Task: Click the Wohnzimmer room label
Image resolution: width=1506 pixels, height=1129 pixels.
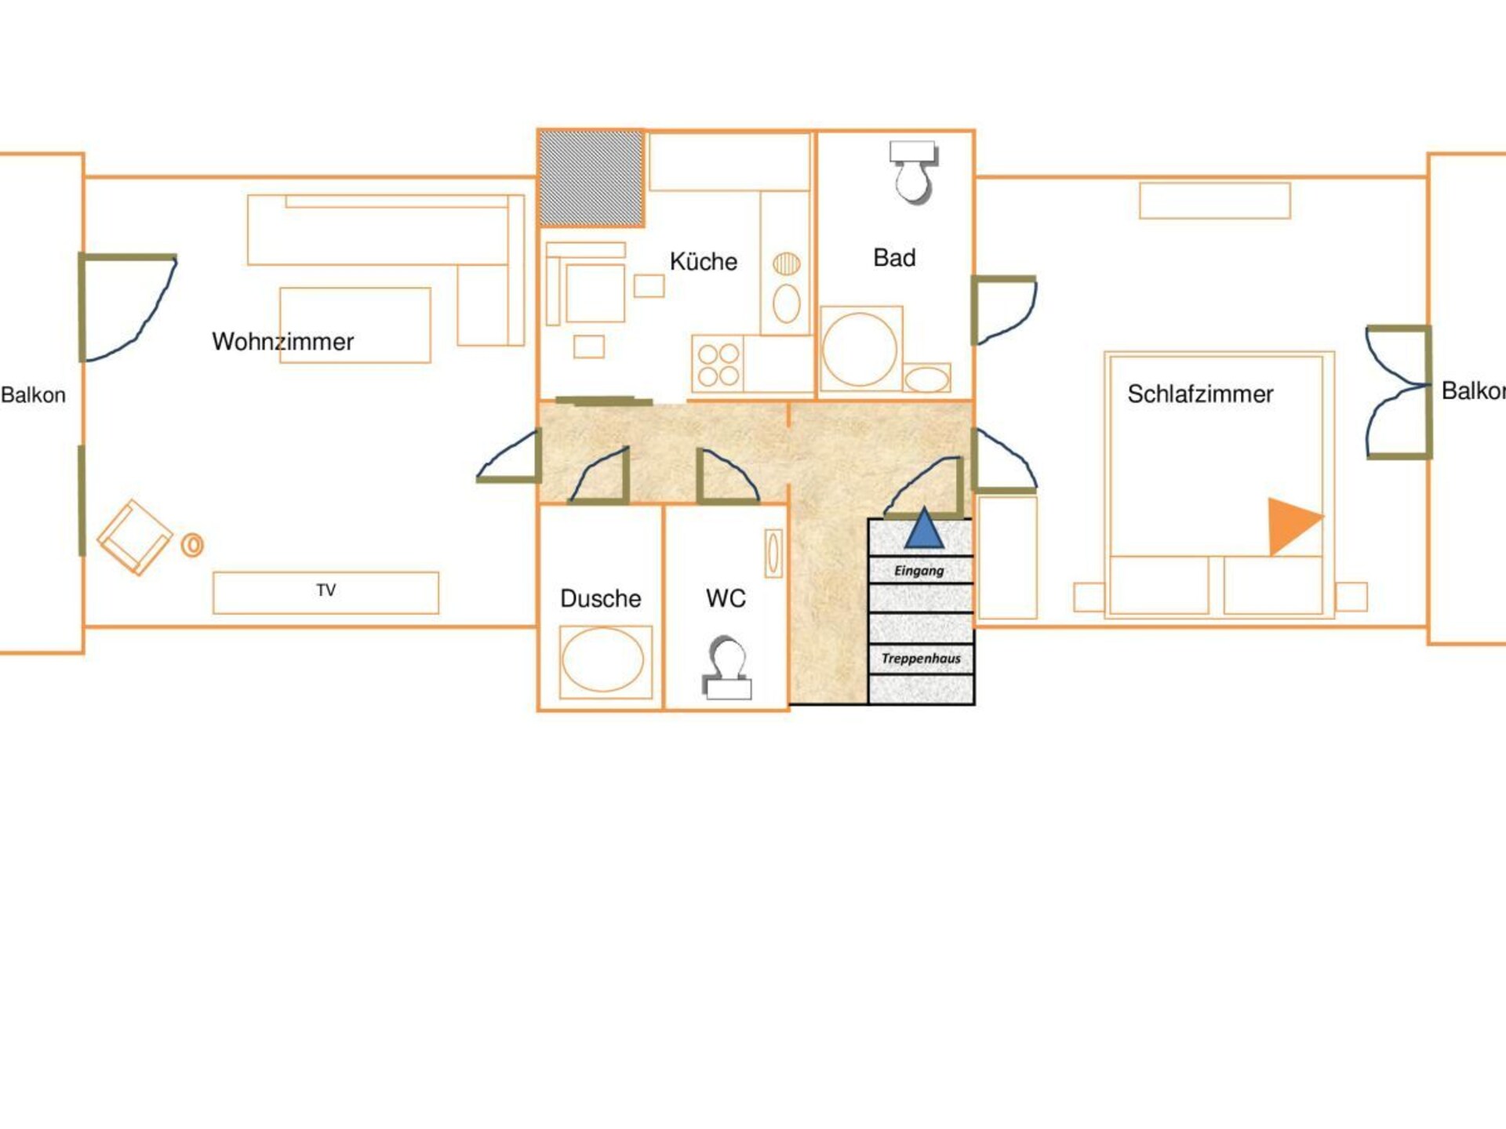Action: coord(282,342)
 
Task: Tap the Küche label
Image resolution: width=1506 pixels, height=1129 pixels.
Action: coord(704,261)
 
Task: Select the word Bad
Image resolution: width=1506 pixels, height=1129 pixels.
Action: coord(894,258)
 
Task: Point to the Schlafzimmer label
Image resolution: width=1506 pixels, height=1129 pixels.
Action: coord(1200,394)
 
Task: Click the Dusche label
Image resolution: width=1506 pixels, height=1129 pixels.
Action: coord(601,598)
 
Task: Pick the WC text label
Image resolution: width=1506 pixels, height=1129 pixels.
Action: coord(726,598)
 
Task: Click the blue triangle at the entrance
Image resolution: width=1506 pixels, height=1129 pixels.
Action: coord(924,528)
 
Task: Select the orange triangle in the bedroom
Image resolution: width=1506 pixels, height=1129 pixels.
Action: coord(1293,525)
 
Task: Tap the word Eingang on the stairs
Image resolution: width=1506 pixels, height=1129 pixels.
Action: coord(919,571)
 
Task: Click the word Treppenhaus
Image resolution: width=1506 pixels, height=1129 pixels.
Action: coord(921,659)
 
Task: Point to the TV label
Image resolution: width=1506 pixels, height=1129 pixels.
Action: coord(326,590)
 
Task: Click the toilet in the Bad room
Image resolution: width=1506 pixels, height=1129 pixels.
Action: coord(913,172)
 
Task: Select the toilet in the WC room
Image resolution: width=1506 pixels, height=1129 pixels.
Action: coord(727,667)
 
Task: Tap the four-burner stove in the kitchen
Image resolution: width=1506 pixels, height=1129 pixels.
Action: coord(718,365)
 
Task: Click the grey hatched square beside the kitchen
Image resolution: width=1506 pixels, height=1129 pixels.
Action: coord(591,179)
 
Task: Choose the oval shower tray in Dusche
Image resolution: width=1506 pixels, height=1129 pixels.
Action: coord(602,661)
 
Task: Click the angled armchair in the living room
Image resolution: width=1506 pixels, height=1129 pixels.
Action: coord(135,538)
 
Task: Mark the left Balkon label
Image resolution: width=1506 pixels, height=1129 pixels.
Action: coord(33,394)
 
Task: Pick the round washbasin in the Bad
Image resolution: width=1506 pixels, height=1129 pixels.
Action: coord(860,349)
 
